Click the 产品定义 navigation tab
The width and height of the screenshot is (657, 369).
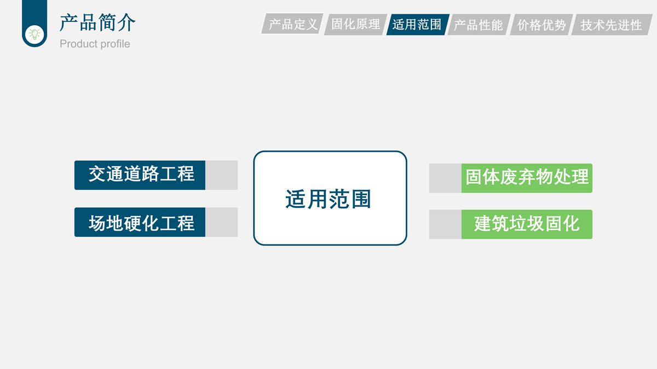(x=292, y=25)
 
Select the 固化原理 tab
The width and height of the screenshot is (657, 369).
(x=355, y=25)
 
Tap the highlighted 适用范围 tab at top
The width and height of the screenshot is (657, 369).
(x=417, y=25)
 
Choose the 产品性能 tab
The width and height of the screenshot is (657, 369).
(x=479, y=25)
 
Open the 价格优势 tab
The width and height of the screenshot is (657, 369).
(x=541, y=25)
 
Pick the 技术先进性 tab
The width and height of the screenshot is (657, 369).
(x=611, y=25)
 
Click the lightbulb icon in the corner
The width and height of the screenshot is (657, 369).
(x=34, y=33)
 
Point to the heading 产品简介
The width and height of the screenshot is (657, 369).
(x=97, y=22)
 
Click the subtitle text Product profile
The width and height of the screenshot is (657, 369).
(x=95, y=44)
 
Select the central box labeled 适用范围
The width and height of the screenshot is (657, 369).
(x=330, y=198)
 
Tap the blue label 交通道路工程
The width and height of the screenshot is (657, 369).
(x=140, y=175)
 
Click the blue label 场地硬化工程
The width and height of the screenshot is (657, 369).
(x=140, y=222)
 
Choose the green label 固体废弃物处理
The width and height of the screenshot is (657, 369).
(x=527, y=178)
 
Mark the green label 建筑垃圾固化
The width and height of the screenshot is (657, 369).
(x=527, y=224)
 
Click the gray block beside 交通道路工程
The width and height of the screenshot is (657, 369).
(x=221, y=175)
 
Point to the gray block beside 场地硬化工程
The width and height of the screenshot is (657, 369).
(x=221, y=222)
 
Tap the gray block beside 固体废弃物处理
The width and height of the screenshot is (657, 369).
(x=445, y=178)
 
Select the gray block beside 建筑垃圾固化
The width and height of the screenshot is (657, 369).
(x=445, y=224)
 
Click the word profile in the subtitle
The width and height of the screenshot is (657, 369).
(x=114, y=44)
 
